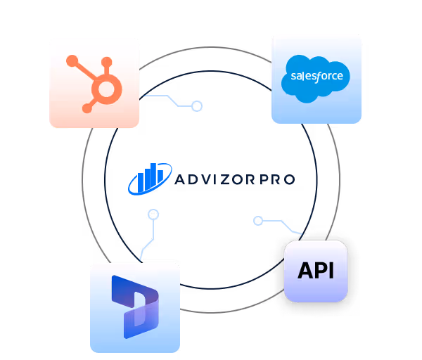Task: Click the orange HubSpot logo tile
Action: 94,83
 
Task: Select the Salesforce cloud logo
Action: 316,76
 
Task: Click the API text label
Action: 316,271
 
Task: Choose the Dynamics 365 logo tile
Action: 135,307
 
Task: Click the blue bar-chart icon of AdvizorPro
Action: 150,179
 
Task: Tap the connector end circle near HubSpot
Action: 198,106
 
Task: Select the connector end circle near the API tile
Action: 258,221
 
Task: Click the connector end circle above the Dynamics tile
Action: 153,214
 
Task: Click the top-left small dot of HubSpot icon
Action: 71,60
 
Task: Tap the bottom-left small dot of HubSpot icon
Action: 87,108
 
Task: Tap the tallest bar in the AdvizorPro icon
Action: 161,176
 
